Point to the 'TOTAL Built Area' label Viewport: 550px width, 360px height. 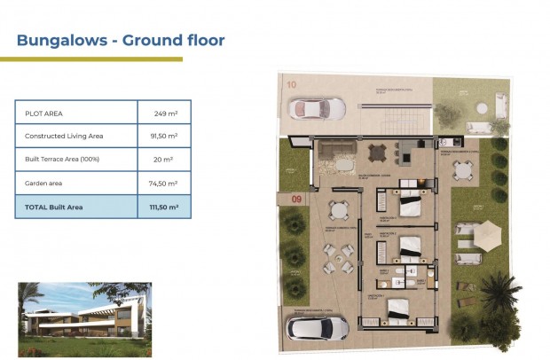54,207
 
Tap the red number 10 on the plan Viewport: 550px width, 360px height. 292,84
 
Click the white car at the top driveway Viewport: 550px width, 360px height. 318,109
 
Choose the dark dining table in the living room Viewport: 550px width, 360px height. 379,151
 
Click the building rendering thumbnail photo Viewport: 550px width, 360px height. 84,312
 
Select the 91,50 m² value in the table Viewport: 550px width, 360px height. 162,137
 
